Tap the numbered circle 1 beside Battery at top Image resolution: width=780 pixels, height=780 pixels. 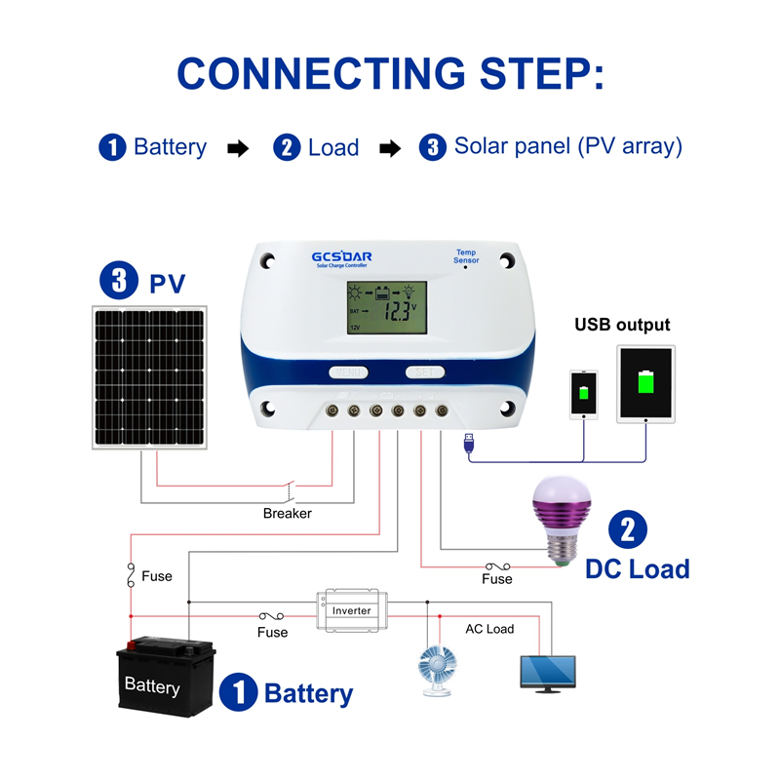(113, 148)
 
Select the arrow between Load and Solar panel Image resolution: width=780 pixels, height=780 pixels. (389, 148)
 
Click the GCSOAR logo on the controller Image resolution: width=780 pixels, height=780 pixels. (341, 257)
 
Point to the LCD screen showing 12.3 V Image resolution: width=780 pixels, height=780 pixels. (387, 308)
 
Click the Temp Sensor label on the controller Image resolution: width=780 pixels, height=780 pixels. (465, 256)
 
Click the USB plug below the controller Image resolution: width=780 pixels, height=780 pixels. (469, 445)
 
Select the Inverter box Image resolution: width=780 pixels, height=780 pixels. (351, 610)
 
